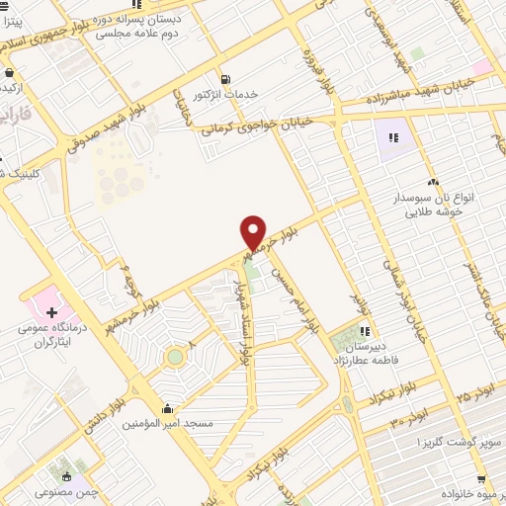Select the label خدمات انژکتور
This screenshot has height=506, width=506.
point(228,94)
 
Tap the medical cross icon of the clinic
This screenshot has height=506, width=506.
point(51,313)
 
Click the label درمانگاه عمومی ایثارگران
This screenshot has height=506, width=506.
point(48,334)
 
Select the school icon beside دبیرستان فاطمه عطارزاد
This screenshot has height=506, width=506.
point(365,331)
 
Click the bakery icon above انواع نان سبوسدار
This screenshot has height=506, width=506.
point(433,182)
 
